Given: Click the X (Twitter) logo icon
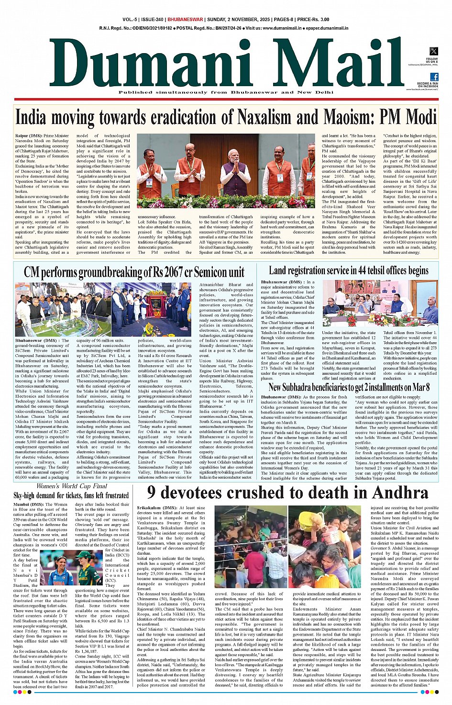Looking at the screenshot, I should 433,51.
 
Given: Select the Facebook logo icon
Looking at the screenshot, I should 434,77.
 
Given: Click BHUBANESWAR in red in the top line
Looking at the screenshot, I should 185,20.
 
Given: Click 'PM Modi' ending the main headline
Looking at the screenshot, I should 408,117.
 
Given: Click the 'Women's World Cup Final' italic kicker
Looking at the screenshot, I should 72,486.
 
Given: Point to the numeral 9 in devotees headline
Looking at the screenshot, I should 152,492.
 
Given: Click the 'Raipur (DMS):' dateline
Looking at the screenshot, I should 29,136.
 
